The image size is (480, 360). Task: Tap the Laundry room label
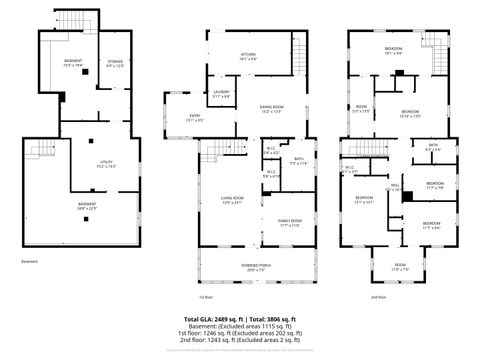click(x=222, y=94)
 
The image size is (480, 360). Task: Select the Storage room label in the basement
click(x=116, y=64)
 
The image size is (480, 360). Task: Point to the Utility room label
click(x=107, y=164)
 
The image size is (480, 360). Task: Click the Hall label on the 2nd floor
click(x=394, y=186)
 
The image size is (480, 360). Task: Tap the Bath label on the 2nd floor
click(x=432, y=148)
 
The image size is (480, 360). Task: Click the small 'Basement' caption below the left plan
click(x=29, y=262)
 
